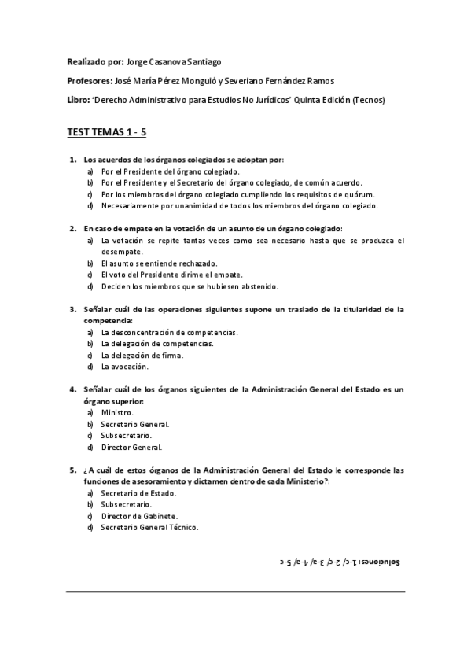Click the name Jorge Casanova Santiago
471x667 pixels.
(168, 61)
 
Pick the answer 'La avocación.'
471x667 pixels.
(124, 367)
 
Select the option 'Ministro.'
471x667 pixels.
(117, 412)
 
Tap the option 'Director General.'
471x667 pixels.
(131, 448)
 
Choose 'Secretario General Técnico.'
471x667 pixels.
(149, 527)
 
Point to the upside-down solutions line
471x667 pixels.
(339, 563)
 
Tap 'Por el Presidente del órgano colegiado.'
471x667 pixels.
(170, 171)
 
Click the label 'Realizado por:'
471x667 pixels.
(94, 61)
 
